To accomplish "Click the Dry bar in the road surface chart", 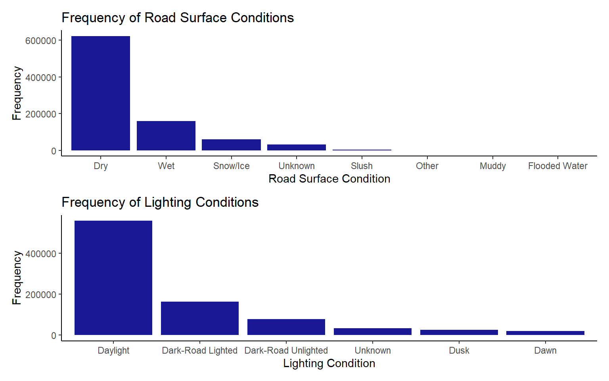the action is coord(101,93).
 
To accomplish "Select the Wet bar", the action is coord(166,135).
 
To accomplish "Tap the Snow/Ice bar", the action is coord(232,145).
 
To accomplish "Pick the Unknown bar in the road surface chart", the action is coord(297,148).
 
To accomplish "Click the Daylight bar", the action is coord(113,277).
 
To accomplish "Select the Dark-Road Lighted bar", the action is coord(200,318).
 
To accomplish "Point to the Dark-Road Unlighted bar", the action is coord(286,327).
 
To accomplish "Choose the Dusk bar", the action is coord(459,332).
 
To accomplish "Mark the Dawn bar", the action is coord(546,333).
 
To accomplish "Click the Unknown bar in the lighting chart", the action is coord(373,331).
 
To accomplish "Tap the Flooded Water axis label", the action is coord(558,166).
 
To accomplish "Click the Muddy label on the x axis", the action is coord(493,166).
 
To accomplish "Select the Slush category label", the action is coord(362,166).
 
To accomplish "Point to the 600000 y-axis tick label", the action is coord(41,40).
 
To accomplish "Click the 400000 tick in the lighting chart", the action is coord(41,254).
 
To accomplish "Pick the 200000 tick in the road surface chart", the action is coord(41,114).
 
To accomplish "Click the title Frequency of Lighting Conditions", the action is coord(160,202).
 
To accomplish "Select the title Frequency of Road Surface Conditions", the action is coord(178,18).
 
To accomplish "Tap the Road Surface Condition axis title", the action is coord(329,179).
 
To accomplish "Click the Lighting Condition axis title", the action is coord(329,364).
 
